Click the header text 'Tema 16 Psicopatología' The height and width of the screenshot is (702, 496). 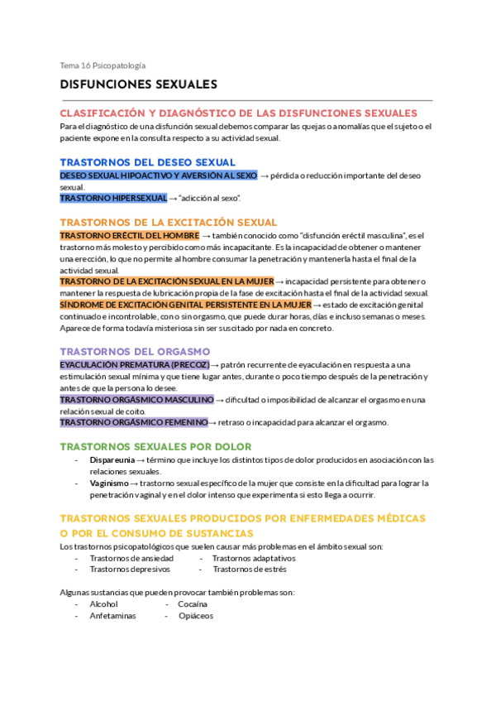tap(103, 65)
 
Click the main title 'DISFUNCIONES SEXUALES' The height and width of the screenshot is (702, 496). tap(138, 84)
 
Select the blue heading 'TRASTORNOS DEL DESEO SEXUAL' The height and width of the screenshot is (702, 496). tap(148, 162)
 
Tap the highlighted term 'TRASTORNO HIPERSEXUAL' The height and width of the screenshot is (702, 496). tap(113, 199)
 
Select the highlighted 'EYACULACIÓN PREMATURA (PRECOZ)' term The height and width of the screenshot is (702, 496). tap(135, 365)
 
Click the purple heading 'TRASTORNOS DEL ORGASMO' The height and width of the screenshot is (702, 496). tap(135, 351)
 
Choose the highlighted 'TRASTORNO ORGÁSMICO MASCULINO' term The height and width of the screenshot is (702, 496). tap(136, 400)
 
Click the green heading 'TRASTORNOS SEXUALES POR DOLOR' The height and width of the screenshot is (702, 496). tap(156, 446)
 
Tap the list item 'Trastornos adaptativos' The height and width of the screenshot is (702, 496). tap(254, 558)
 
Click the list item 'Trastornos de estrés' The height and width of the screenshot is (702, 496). tap(249, 570)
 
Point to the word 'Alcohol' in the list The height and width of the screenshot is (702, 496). tap(104, 604)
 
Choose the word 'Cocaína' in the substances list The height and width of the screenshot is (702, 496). tap(193, 604)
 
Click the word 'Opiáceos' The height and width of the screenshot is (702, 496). tap(195, 616)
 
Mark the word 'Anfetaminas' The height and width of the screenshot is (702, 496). tap(112, 616)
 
